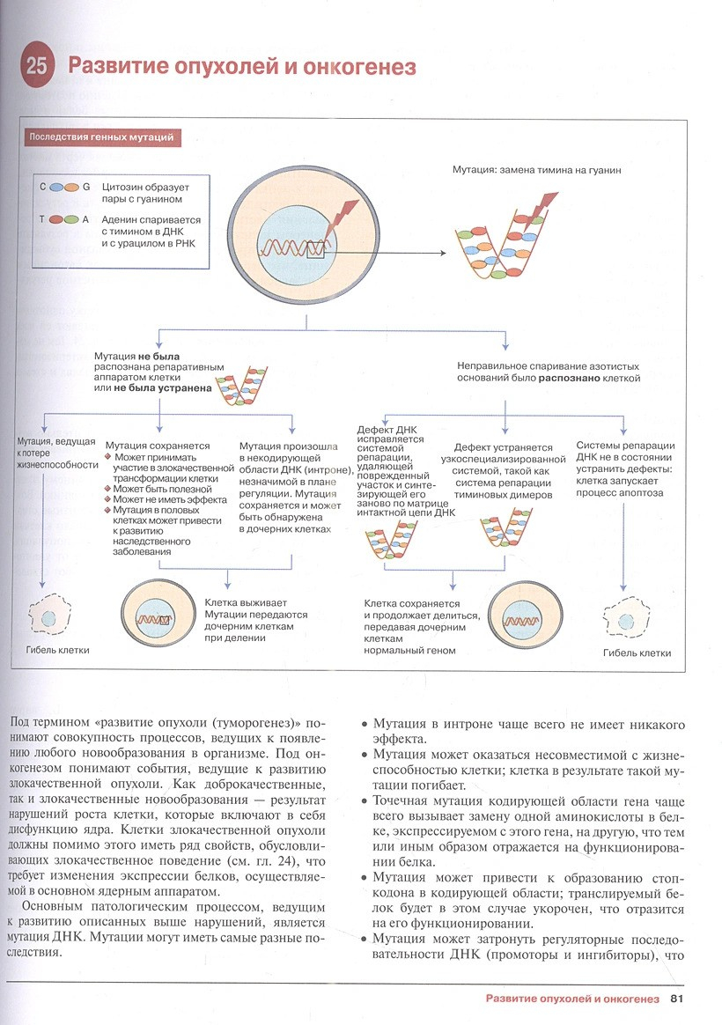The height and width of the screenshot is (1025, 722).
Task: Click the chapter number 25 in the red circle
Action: tap(37, 68)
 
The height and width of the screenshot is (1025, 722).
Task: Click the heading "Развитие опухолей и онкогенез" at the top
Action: tap(242, 67)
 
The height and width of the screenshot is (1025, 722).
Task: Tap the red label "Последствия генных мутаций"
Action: tap(105, 136)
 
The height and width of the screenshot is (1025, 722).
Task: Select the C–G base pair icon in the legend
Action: tap(64, 188)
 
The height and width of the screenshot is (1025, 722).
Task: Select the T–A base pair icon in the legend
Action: tap(64, 219)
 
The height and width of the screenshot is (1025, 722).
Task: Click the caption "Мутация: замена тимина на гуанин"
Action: tap(536, 169)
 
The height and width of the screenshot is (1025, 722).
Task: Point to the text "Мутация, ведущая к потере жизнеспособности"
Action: tap(55, 453)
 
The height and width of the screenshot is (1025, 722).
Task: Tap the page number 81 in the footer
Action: tap(676, 999)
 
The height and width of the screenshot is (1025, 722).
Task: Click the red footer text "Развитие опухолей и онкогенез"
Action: tap(572, 999)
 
